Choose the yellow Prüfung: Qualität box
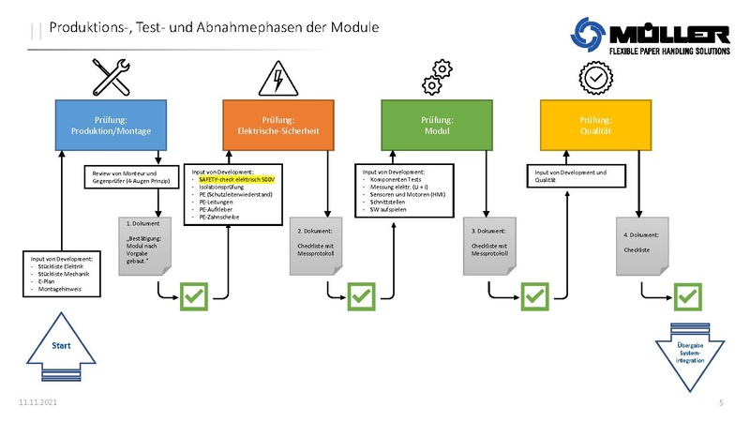point(595,126)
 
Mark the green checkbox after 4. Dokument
point(689,296)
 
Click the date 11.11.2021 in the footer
point(37,402)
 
